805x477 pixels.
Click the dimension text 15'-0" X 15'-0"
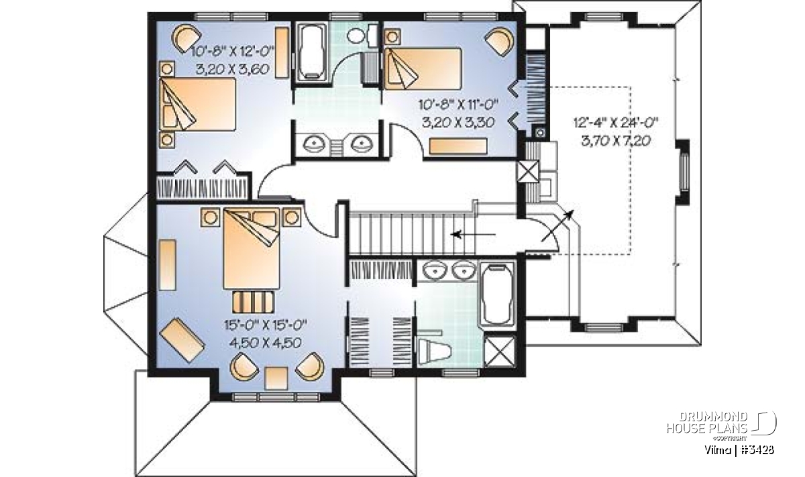click(x=265, y=325)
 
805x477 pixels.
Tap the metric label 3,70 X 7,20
click(x=616, y=141)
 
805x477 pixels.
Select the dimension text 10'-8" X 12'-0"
click(x=233, y=52)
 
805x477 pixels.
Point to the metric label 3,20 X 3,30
click(x=458, y=123)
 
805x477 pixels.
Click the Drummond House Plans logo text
click(x=707, y=423)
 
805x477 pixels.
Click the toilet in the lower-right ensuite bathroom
click(x=435, y=350)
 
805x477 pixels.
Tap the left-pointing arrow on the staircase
click(x=474, y=235)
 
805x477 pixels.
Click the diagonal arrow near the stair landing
click(x=557, y=225)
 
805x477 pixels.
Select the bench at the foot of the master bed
click(x=253, y=302)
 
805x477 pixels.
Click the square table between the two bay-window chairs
click(x=276, y=378)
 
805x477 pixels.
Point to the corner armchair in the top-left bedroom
click(x=187, y=38)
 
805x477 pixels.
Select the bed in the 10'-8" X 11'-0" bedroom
click(x=423, y=68)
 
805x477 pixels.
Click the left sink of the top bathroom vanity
click(x=314, y=144)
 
